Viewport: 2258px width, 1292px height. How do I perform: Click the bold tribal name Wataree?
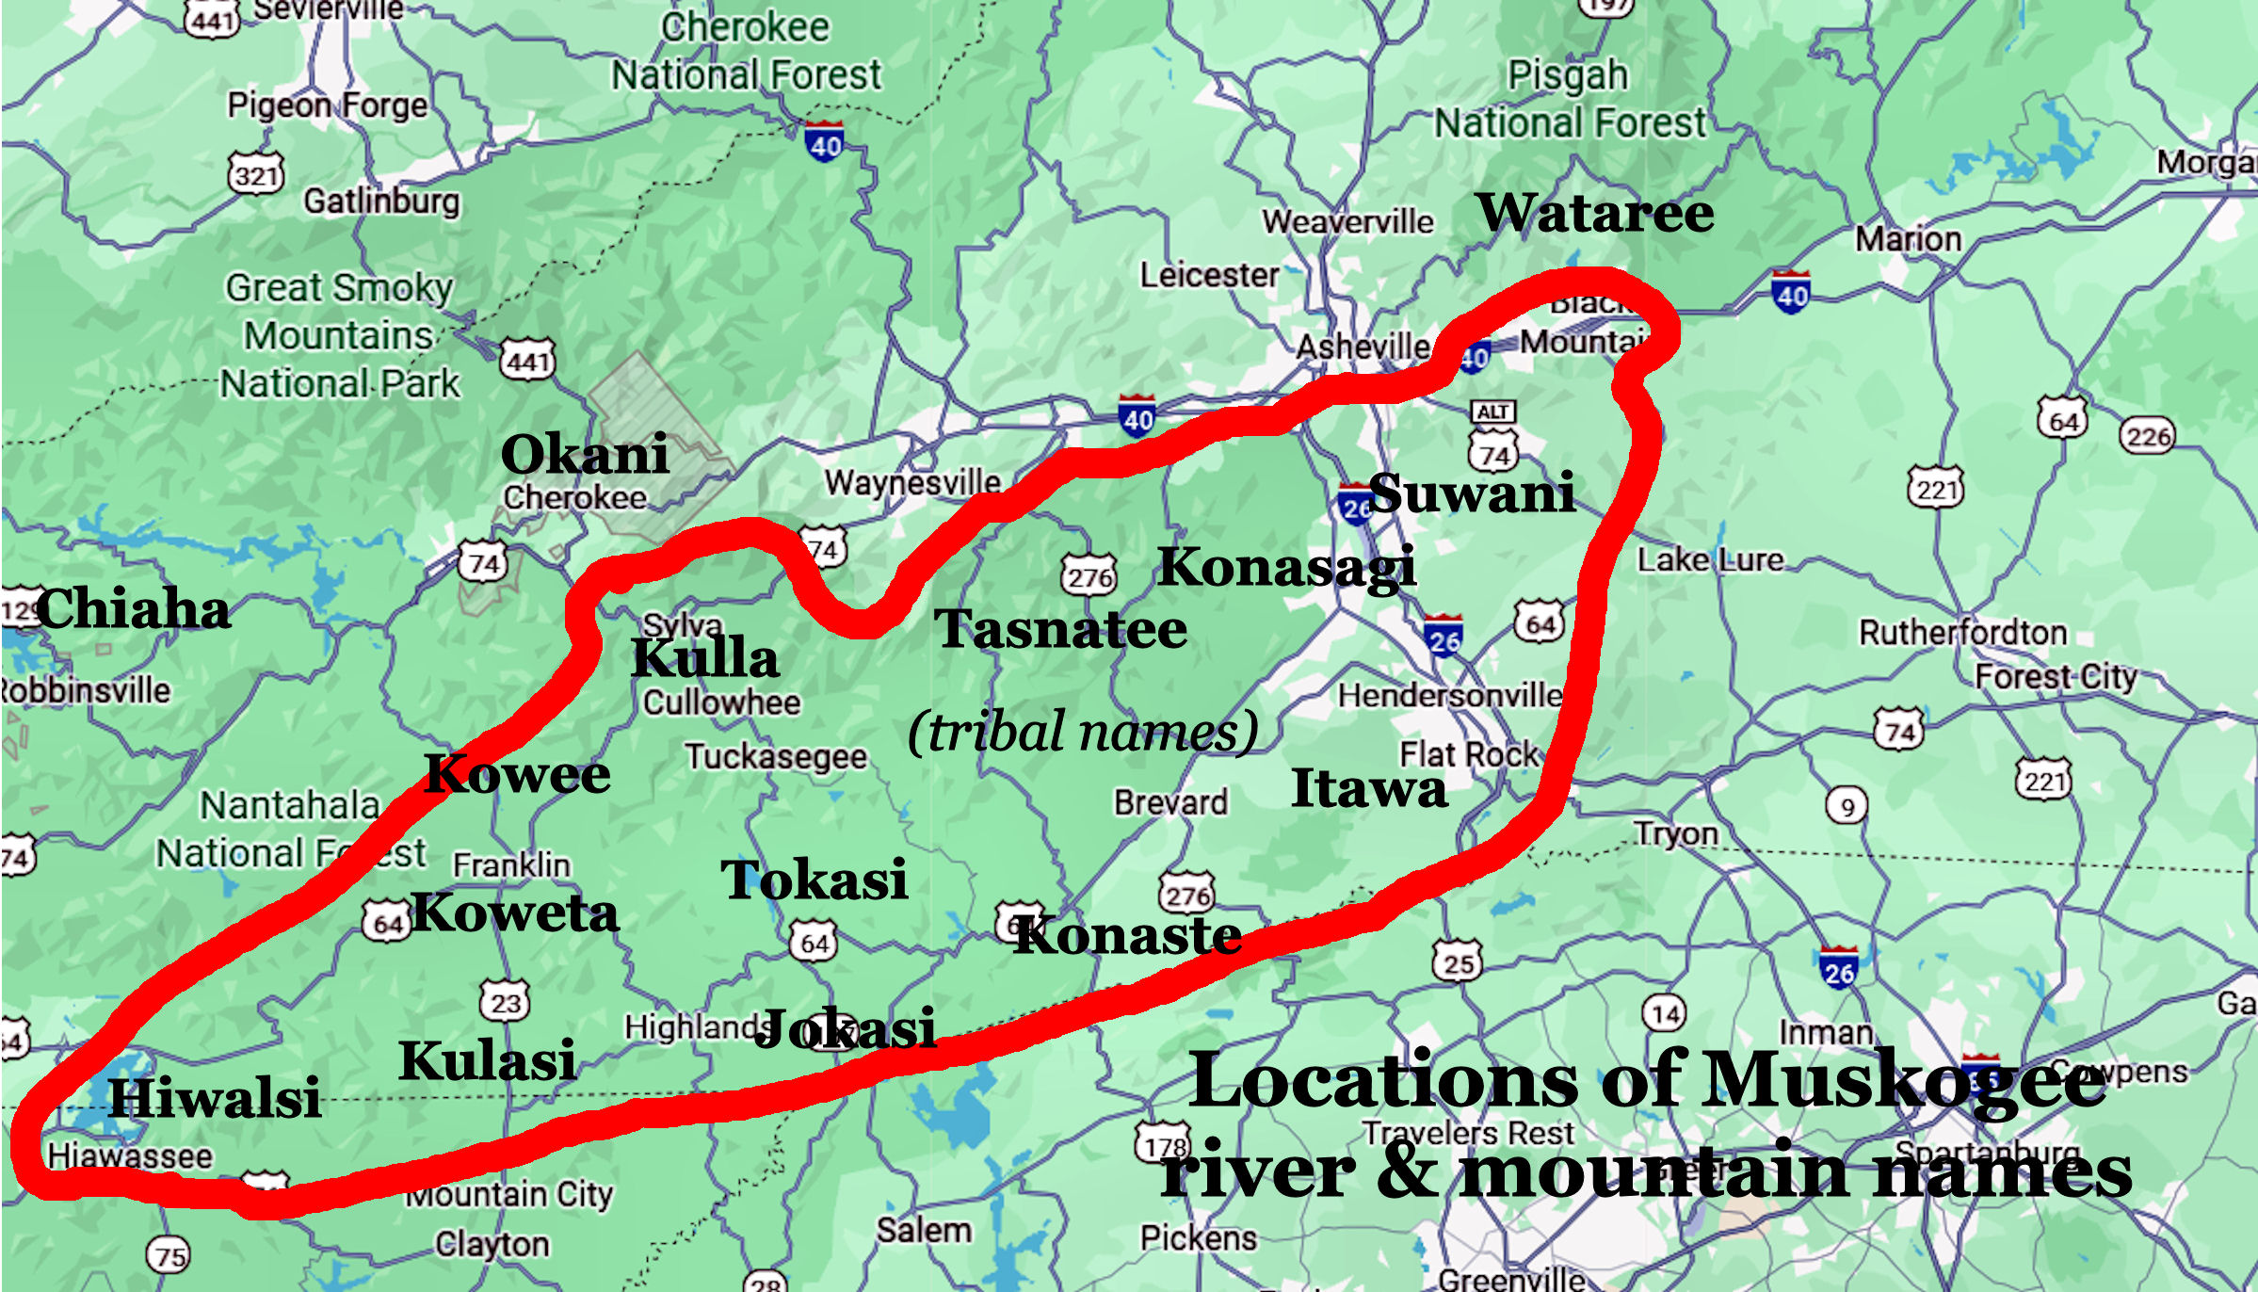(1595, 213)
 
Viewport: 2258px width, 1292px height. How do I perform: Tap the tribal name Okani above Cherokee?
(585, 455)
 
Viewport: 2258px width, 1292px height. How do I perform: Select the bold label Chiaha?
(134, 608)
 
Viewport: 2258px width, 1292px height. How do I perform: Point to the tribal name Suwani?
(1472, 493)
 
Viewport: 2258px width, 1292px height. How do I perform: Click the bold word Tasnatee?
(1060, 629)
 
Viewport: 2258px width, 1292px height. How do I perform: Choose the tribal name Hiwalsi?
(215, 1098)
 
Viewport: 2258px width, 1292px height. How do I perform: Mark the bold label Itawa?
(1368, 788)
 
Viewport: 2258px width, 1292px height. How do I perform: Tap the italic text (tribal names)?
(1083, 732)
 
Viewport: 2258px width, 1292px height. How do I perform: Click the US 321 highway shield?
(256, 174)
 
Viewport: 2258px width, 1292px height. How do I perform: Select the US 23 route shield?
(506, 1002)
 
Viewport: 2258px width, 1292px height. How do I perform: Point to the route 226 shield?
(2148, 436)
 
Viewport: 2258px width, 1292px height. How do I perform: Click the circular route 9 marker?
(1847, 807)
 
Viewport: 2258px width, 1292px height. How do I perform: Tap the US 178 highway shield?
(1165, 1146)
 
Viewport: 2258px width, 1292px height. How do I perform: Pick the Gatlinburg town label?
(381, 202)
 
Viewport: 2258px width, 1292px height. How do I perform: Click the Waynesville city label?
(912, 483)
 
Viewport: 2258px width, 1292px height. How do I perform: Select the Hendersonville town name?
(1450, 696)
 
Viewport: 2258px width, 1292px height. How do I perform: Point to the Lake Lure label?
(1710, 560)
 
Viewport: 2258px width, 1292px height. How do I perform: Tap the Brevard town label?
(1170, 802)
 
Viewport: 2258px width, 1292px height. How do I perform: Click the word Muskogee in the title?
(1904, 1081)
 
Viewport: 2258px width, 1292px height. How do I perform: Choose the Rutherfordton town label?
(1962, 633)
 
